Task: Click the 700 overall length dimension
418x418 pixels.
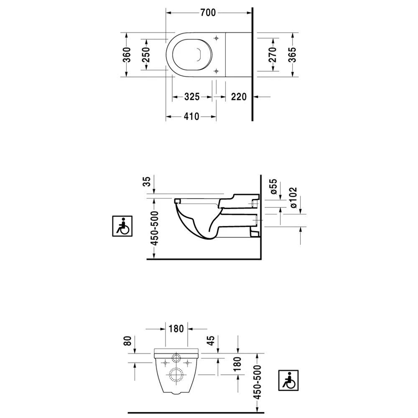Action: tap(207, 13)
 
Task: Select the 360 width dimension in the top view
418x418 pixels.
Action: tap(127, 55)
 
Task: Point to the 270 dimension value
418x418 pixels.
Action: tap(272, 55)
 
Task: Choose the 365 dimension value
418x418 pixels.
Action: tap(293, 55)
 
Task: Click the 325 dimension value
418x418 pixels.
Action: tap(191, 97)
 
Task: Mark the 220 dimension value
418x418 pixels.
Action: tap(239, 97)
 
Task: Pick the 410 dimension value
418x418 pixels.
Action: tap(191, 117)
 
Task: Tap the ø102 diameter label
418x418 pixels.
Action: tap(293, 199)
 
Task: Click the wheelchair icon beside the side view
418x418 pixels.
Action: tap(122, 226)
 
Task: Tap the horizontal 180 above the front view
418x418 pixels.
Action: tap(176, 329)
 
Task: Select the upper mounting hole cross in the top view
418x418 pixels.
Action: tap(216, 38)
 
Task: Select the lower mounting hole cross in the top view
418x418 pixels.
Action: tap(216, 71)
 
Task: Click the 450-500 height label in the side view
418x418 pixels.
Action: tap(154, 227)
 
